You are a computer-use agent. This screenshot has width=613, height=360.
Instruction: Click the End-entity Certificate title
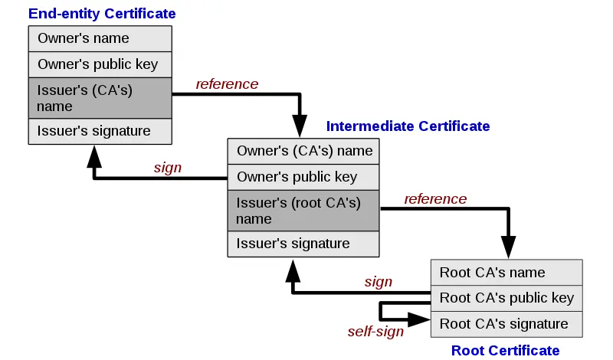[x=102, y=14]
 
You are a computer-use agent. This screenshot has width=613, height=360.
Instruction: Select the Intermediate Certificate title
[x=408, y=126]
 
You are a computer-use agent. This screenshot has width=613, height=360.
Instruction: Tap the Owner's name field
[x=100, y=38]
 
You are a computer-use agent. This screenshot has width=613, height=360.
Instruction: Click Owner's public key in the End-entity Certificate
[x=100, y=64]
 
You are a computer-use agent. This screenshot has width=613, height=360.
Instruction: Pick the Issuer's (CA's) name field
[x=100, y=98]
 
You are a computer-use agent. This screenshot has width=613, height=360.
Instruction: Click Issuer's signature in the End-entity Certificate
[x=100, y=131]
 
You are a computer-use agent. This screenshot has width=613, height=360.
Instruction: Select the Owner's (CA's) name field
[x=304, y=151]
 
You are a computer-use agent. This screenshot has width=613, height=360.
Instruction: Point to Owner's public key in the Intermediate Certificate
[x=304, y=177]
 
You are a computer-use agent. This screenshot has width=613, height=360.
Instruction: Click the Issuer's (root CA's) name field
[x=304, y=211]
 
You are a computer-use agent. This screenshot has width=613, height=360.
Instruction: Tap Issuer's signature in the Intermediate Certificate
[x=304, y=244]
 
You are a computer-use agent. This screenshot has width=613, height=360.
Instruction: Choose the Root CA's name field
[x=506, y=273]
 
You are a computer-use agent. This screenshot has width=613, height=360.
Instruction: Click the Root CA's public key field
[x=506, y=298]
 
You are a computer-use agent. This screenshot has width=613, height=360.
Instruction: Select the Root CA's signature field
[x=506, y=324]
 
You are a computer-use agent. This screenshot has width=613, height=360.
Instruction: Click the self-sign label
[x=375, y=332]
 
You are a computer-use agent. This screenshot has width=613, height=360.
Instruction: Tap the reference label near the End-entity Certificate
[x=227, y=83]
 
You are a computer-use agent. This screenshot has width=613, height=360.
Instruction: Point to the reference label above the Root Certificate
[x=435, y=199]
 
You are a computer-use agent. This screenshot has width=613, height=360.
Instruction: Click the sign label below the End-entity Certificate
[x=167, y=168]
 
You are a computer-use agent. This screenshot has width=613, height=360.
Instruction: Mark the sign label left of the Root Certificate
[x=378, y=282]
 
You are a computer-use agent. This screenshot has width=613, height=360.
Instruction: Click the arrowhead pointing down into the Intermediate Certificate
[x=299, y=126]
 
